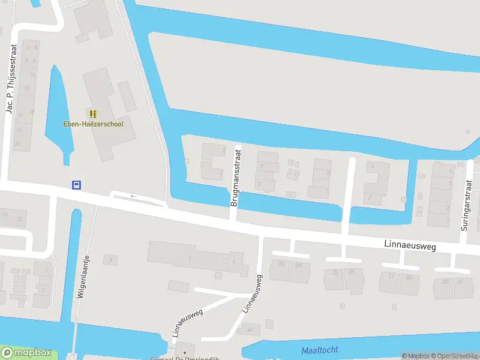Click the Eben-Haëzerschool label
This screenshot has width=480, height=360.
tap(93, 124)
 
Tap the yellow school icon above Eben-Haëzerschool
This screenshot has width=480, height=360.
tap(92, 114)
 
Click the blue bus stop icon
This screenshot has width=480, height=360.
tap(76, 185)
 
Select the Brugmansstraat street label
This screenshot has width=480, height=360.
tap(235, 178)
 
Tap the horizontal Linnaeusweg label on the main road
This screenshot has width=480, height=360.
tap(410, 245)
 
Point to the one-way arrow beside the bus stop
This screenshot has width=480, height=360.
tap(133, 196)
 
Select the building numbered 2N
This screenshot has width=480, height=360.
tap(281, 271)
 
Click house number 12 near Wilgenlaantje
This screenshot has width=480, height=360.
tap(19, 219)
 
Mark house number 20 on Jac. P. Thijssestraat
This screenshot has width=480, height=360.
tap(17, 143)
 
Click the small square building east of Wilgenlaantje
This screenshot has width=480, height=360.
tap(110, 259)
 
